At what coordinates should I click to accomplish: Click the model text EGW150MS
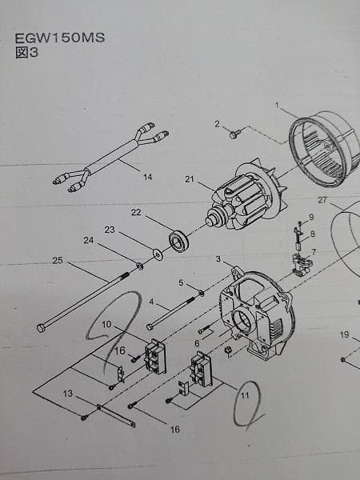click(59, 38)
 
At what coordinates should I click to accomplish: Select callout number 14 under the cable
click(147, 178)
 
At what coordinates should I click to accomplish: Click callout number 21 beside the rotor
click(190, 179)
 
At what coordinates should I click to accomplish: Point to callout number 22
click(136, 212)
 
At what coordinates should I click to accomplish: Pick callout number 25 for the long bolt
click(57, 260)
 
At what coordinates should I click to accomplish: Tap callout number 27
click(322, 199)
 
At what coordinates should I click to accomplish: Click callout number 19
click(343, 334)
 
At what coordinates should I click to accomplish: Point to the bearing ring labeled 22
click(178, 240)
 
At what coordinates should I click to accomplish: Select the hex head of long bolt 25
click(41, 327)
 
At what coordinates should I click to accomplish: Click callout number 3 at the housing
click(218, 259)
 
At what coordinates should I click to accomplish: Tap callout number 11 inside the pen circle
click(246, 394)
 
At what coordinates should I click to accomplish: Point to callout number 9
click(311, 218)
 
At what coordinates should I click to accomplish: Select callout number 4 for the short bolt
click(152, 302)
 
